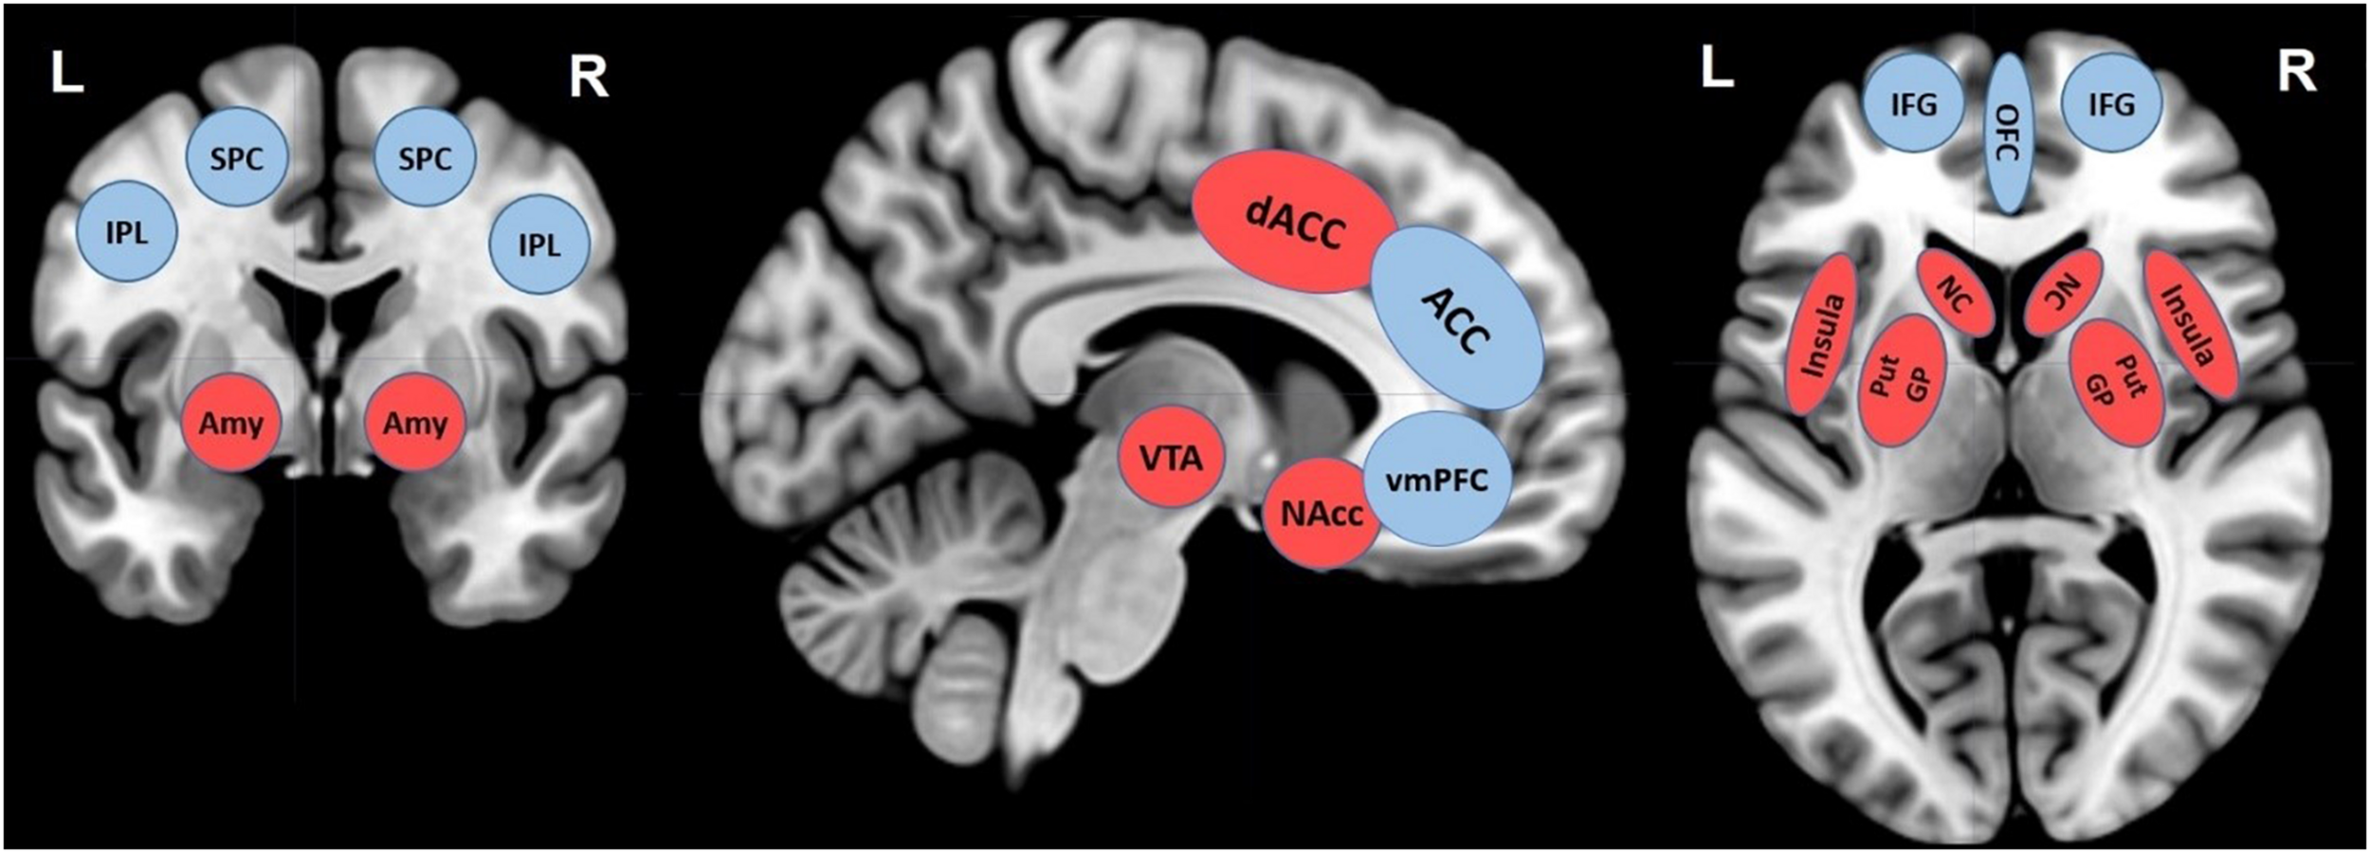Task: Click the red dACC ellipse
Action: (x=1294, y=222)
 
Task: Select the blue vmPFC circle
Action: (x=1436, y=479)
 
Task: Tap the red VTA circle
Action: (x=1171, y=459)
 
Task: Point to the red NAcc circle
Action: (x=1321, y=513)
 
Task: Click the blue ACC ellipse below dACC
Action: (x=1457, y=318)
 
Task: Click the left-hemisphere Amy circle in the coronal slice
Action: (x=231, y=423)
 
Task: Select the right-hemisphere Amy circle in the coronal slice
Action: (x=415, y=423)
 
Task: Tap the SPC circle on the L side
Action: (x=236, y=157)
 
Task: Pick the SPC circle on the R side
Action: (x=424, y=157)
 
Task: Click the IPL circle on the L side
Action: (x=126, y=231)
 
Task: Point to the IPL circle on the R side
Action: (x=538, y=245)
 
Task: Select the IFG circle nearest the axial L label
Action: (x=1913, y=103)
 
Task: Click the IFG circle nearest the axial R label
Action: (x=2112, y=103)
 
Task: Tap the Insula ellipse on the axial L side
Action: (x=1821, y=335)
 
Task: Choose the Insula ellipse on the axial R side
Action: (x=2192, y=325)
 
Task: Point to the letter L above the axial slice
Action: (x=1717, y=68)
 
